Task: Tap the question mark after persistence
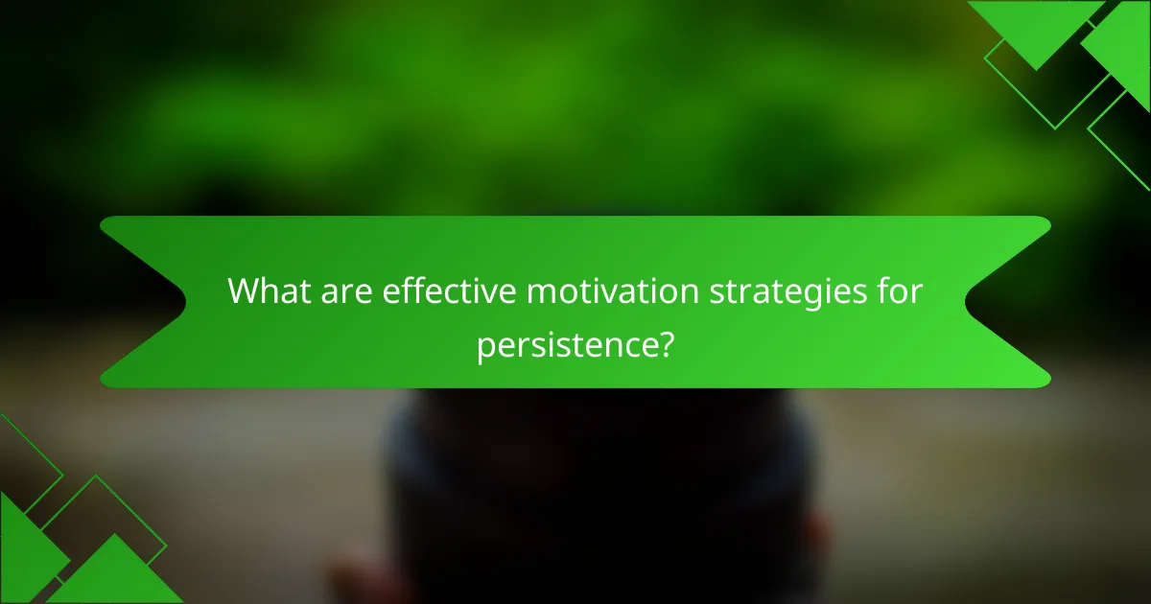coord(660,344)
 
